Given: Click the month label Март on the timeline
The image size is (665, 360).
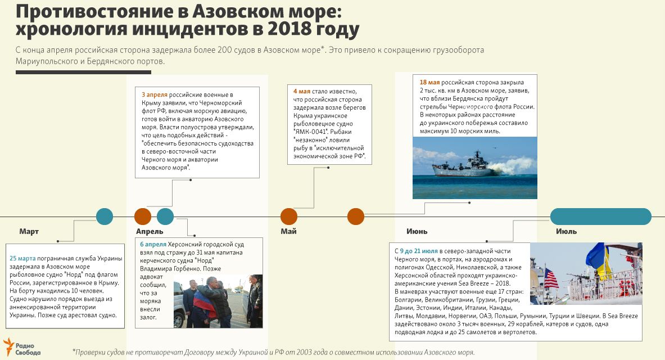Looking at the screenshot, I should pos(29,231).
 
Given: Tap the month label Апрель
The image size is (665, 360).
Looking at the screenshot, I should pos(150,231).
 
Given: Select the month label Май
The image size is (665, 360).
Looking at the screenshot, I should pos(288,231).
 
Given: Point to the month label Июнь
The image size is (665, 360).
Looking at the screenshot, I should pos(417,231).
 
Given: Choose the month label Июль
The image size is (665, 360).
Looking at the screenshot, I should pos(566,231).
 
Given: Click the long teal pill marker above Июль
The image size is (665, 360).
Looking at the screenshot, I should pos(600,217).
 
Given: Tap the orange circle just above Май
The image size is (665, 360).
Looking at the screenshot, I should pos(288,217).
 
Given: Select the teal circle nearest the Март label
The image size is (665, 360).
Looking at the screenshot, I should pos(105,217).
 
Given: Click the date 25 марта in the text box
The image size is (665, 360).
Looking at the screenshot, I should pos(22,259).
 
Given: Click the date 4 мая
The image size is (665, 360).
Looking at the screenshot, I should pos(302,91).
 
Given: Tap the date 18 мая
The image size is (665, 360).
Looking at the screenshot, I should pos(429,82).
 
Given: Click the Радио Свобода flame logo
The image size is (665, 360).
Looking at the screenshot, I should pos(8,345).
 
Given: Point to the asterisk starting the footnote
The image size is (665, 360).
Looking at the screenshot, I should pos(74,351).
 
